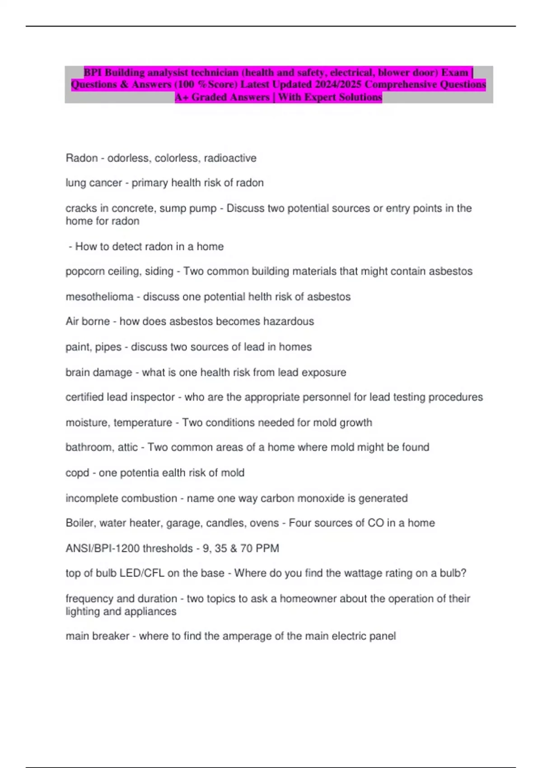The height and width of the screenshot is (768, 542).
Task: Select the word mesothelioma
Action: (99, 297)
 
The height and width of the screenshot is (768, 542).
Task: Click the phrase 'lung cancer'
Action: (93, 183)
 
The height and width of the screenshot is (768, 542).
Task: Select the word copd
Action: (77, 473)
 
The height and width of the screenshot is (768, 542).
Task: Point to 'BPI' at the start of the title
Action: (93, 72)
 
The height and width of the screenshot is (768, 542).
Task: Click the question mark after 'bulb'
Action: (463, 573)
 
